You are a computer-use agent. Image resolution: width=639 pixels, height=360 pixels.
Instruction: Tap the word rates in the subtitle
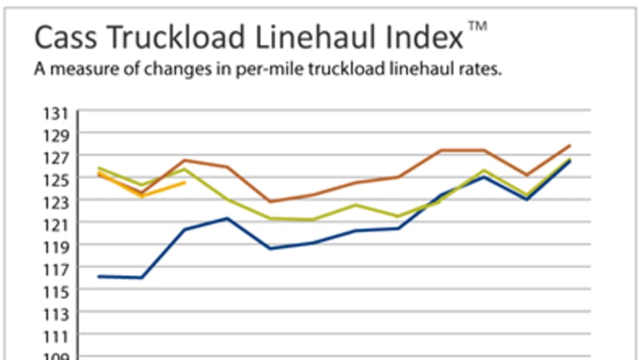(x=482, y=70)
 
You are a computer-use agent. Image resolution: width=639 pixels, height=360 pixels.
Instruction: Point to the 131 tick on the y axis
(x=56, y=113)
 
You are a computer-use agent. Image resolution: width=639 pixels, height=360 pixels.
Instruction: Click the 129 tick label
(x=56, y=136)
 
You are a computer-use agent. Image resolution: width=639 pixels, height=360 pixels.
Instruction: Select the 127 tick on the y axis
(x=56, y=158)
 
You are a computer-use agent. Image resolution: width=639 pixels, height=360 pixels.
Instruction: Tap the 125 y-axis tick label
(x=56, y=181)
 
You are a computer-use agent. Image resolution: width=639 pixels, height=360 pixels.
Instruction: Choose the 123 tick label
(x=56, y=203)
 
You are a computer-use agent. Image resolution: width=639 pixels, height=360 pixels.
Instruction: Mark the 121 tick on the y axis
(x=56, y=226)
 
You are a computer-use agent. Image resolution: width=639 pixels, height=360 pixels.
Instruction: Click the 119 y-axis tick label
(x=56, y=248)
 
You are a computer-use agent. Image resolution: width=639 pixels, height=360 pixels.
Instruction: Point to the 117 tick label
(x=56, y=270)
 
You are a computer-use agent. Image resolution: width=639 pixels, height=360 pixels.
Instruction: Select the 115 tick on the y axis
(x=56, y=292)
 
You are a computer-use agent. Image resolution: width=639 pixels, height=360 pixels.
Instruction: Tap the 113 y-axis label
(x=56, y=315)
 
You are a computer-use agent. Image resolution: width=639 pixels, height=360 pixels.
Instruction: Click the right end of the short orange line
(x=185, y=183)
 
